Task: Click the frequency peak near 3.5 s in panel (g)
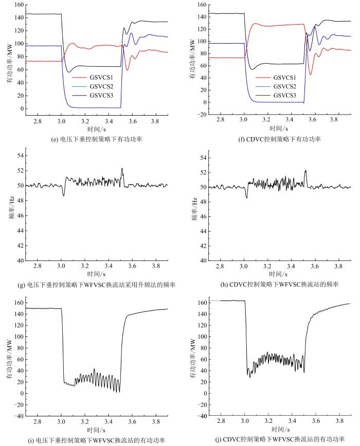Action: coord(122,169)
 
